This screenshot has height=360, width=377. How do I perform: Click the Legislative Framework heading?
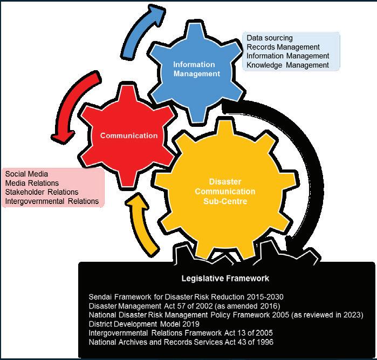(225, 279)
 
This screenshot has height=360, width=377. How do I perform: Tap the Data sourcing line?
(270, 38)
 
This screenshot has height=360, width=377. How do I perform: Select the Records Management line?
(283, 47)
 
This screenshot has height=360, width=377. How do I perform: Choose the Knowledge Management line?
(287, 65)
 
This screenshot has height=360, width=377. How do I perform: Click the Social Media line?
(26, 174)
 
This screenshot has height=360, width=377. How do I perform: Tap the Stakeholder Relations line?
(42, 192)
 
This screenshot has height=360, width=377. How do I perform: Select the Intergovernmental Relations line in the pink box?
(52, 201)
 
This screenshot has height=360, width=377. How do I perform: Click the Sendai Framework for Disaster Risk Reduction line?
(186, 297)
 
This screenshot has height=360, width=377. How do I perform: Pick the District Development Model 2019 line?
(144, 324)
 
